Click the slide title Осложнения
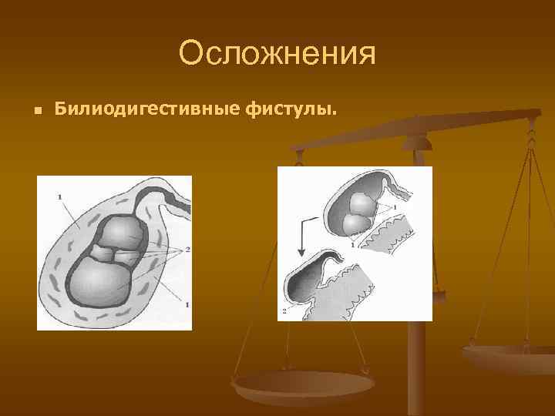(x=277, y=54)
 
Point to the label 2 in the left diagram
(x=187, y=250)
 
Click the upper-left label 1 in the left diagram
(x=59, y=198)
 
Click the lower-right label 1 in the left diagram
(x=187, y=305)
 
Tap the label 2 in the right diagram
(x=284, y=310)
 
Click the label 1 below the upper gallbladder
(x=352, y=244)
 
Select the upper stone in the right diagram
(x=362, y=203)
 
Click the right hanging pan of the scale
(x=508, y=359)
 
